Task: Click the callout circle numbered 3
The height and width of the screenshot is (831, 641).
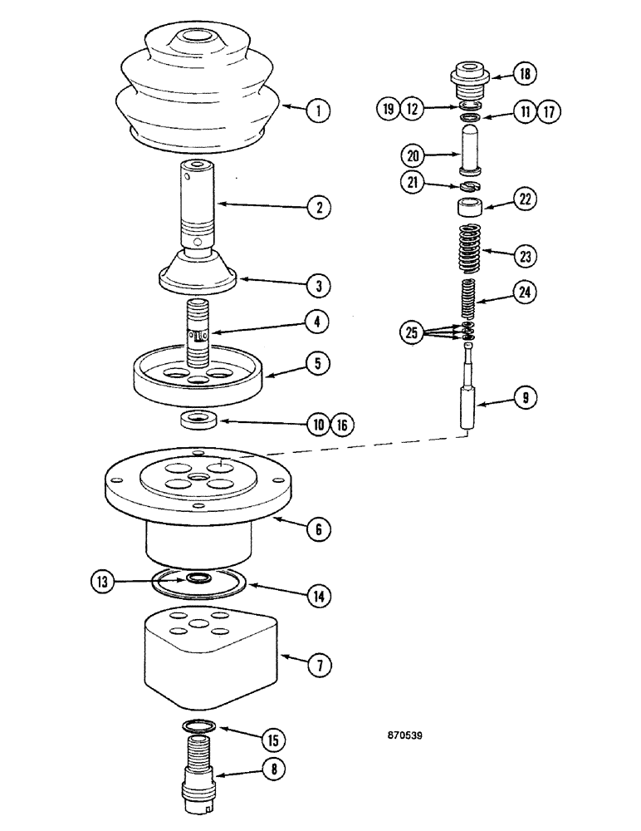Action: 316,284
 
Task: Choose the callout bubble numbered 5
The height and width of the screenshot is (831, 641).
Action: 316,363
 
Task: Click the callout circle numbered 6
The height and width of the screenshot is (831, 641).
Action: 316,527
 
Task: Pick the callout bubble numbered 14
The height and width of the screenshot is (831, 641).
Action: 316,595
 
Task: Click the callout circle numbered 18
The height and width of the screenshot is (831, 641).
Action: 524,74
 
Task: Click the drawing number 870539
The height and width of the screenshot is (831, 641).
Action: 409,735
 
